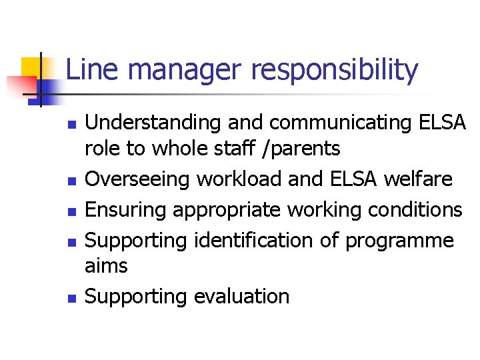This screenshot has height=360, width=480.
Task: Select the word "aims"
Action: point(106,265)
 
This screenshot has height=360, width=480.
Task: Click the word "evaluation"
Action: point(241,296)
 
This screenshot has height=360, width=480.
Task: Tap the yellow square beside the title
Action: point(31,67)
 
